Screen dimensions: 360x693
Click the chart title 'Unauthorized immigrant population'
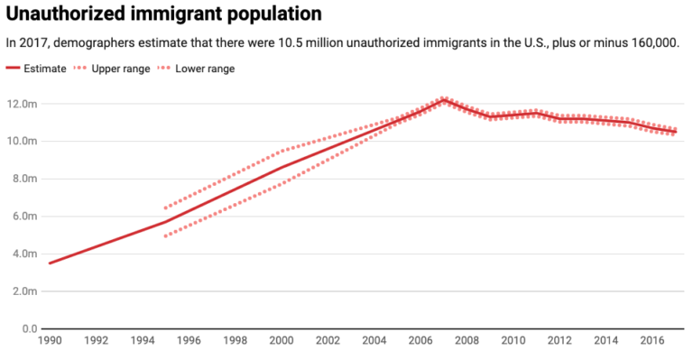click(164, 14)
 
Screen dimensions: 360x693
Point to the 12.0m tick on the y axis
click(22, 104)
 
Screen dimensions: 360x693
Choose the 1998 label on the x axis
click(235, 343)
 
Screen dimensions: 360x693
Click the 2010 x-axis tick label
click(513, 343)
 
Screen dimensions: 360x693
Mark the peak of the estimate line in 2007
click(444, 100)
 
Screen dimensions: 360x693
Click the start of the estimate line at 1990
click(50, 263)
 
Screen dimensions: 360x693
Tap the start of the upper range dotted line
click(165, 208)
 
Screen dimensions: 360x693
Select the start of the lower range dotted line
click(165, 236)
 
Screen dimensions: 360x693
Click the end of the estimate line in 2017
click(676, 132)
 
